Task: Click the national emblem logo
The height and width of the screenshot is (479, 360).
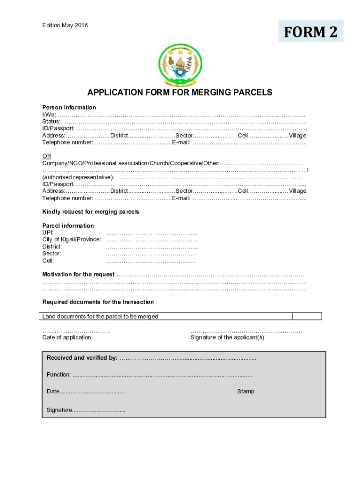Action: pyautogui.click(x=180, y=66)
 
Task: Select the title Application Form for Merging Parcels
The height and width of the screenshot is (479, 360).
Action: pyautogui.click(x=180, y=93)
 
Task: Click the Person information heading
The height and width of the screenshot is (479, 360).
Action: pyautogui.click(x=69, y=108)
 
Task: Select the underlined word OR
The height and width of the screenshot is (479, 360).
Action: pyautogui.click(x=47, y=156)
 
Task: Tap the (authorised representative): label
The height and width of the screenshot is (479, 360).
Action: pyautogui.click(x=78, y=177)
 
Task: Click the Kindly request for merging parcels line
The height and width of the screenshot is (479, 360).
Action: pyautogui.click(x=91, y=212)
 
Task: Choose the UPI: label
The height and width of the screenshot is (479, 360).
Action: pyautogui.click(x=48, y=232)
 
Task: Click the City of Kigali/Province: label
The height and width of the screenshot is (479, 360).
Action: pyautogui.click(x=72, y=239)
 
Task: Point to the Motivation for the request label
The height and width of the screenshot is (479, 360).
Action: pyautogui.click(x=78, y=275)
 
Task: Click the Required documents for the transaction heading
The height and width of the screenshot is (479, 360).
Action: pyautogui.click(x=98, y=302)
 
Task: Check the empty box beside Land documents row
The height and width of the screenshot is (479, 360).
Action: pyautogui.click(x=307, y=317)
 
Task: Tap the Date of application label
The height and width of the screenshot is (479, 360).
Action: pyautogui.click(x=67, y=338)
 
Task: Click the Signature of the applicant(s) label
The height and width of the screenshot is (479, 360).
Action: pyautogui.click(x=227, y=338)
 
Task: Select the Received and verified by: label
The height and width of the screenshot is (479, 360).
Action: pyautogui.click(x=82, y=358)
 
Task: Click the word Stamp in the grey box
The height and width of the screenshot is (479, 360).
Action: pyautogui.click(x=245, y=392)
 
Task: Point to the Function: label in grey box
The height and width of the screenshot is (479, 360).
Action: pyautogui.click(x=59, y=375)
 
